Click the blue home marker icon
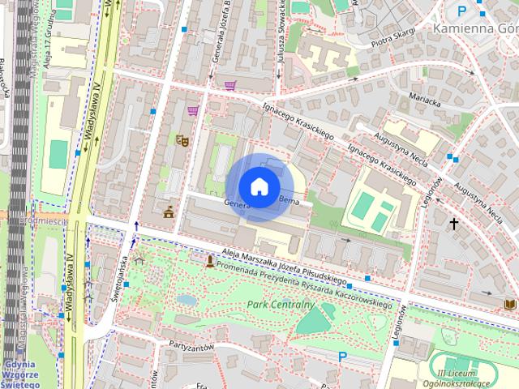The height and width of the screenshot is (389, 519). coord(259,186)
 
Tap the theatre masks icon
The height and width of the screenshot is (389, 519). coord(182,139)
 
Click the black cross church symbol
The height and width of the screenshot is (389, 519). coord(454,223)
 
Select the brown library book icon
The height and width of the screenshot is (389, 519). coord(508,303)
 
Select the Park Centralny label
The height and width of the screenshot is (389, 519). coord(281,305)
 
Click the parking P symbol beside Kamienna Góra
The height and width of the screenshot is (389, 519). coord(462,11)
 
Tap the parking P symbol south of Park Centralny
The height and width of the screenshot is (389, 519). coord(342,357)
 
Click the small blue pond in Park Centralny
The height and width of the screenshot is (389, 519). coord(187,300)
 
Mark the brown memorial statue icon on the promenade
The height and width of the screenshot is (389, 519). coord(210,261)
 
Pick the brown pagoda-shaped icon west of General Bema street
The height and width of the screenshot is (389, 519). coord(169,212)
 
